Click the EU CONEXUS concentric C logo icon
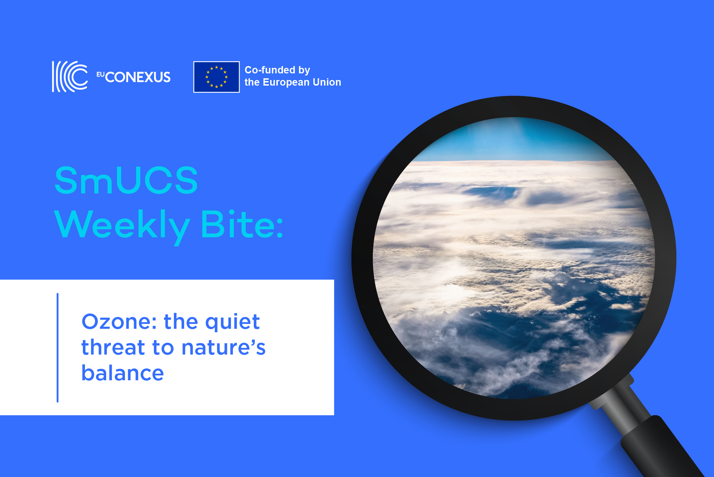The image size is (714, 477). [x=70, y=77]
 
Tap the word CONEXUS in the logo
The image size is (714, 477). [x=138, y=77]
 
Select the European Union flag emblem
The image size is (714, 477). [x=216, y=77]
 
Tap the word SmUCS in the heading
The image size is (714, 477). [x=126, y=180]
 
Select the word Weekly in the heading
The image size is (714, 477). [x=122, y=225]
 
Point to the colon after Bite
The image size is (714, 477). [x=280, y=229]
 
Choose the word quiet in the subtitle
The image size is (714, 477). [x=232, y=322]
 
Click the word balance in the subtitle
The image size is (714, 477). [x=123, y=373]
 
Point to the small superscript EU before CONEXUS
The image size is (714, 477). [x=100, y=74]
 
